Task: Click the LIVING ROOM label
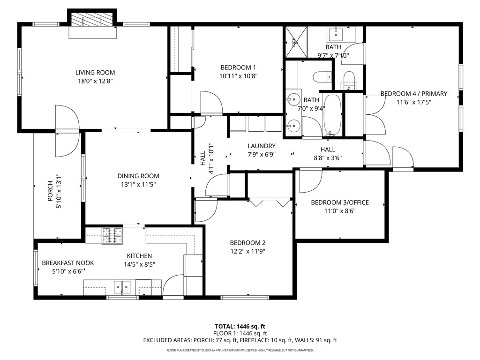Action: (95, 73)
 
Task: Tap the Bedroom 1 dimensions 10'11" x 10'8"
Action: (239, 76)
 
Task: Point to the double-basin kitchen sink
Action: (122, 287)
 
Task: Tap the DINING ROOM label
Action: (138, 176)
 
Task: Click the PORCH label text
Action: (50, 191)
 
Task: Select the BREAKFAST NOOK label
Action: (67, 263)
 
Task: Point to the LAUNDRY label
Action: (262, 146)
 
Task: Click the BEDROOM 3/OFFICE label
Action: (340, 202)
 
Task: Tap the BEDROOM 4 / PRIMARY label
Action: (414, 94)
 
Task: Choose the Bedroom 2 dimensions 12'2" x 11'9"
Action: (247, 252)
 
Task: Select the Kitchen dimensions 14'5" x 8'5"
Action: (140, 264)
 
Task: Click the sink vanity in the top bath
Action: (342, 34)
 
